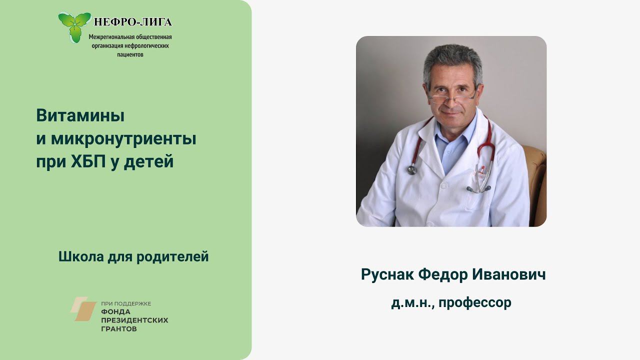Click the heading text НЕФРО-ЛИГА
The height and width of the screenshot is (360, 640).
click(x=133, y=22)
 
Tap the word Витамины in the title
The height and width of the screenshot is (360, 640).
click(x=80, y=115)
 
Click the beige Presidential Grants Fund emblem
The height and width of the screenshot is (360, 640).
click(x=83, y=308)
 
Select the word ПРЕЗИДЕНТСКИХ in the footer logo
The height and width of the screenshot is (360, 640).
click(x=134, y=320)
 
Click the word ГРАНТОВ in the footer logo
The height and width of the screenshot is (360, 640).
click(x=119, y=329)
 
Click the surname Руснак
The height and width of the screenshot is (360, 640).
click(x=386, y=274)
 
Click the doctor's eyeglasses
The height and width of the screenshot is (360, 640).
click(x=452, y=96)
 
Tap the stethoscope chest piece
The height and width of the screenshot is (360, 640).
click(x=412, y=170)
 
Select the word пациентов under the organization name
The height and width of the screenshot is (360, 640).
click(x=130, y=54)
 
